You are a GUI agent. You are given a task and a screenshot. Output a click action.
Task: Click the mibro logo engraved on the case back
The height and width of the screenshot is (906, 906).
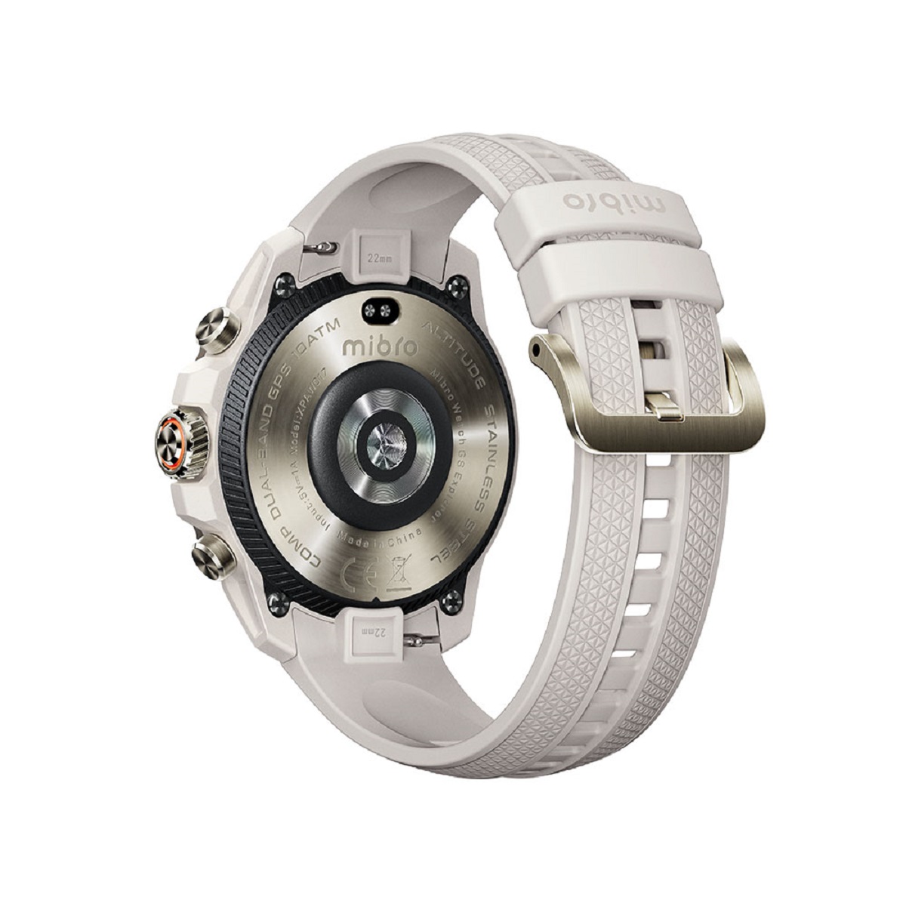click(x=370, y=347)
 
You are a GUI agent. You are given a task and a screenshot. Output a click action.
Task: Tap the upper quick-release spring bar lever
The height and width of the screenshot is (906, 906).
click(x=322, y=248)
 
